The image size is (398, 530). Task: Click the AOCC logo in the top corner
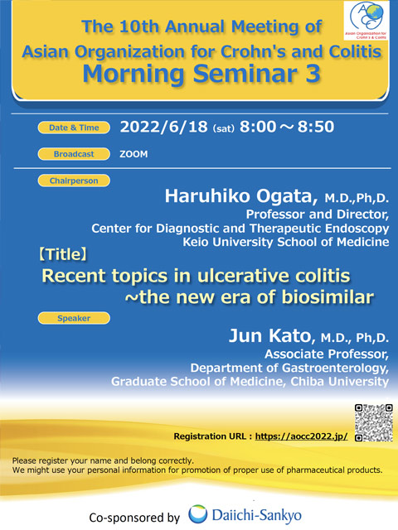click(x=366, y=20)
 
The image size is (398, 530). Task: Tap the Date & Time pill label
click(x=74, y=128)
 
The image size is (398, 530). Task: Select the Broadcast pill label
click(x=74, y=154)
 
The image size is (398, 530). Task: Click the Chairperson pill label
click(x=74, y=181)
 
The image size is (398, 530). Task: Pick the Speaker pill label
click(x=74, y=318)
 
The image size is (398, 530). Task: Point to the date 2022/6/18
click(x=164, y=127)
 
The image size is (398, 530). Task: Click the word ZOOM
click(x=133, y=154)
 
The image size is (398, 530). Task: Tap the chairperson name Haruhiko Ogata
click(x=241, y=196)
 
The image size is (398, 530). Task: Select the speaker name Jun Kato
click(x=269, y=335)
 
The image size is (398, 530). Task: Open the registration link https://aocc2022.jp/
click(x=301, y=436)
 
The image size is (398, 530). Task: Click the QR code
click(x=374, y=422)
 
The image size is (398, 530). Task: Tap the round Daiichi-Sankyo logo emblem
click(x=197, y=513)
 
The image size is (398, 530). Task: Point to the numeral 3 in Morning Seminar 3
click(x=313, y=74)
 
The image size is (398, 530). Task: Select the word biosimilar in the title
click(x=328, y=296)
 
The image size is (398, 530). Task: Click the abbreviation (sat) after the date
click(x=223, y=128)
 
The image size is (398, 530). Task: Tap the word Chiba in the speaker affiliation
click(x=308, y=381)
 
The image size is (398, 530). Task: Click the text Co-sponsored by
click(x=134, y=518)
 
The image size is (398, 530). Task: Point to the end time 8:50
click(x=316, y=127)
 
